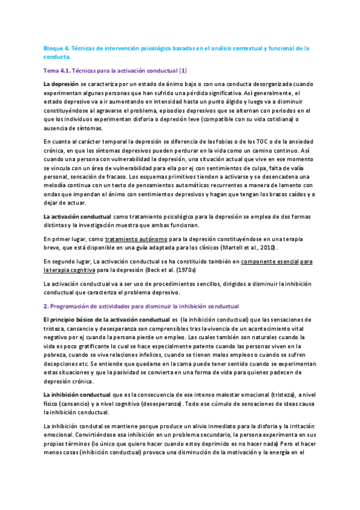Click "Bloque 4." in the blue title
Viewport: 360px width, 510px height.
pos(57,48)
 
